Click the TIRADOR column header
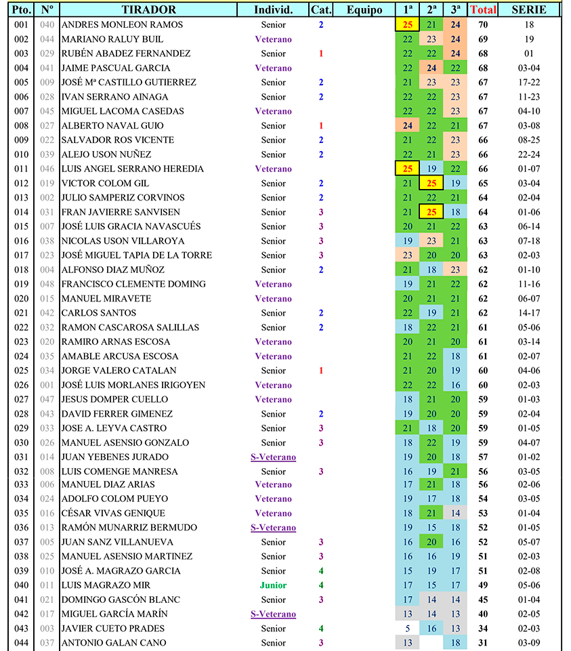click(149, 9)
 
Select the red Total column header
click(483, 9)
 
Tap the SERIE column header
click(529, 9)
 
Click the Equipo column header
click(364, 9)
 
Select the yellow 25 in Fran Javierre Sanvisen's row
click(431, 212)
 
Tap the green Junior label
click(273, 585)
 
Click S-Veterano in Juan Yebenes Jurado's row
click(273, 457)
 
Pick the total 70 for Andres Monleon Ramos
click(483, 24)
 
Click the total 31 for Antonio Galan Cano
click(483, 643)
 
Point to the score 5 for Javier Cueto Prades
click(407, 629)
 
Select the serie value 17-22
click(529, 82)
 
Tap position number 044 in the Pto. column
click(21, 643)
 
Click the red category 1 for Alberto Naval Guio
click(321, 125)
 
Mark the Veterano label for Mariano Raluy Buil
click(273, 39)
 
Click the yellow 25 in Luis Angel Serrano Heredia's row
click(407, 169)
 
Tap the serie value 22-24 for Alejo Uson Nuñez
click(529, 154)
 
